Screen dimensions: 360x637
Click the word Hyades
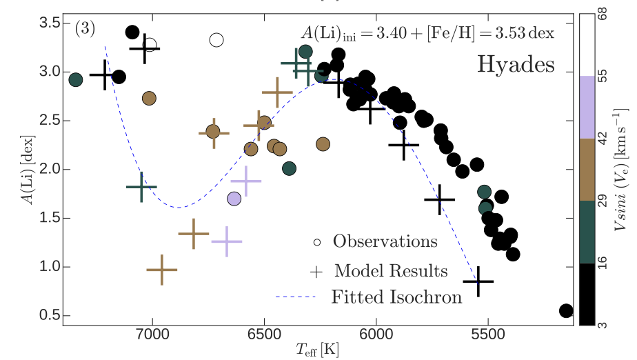pos(516,65)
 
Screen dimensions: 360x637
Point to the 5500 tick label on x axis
pos(488,339)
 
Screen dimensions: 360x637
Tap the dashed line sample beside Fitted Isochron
pos(295,298)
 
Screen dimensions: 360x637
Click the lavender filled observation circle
pos(234,199)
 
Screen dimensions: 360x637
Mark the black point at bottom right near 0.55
pos(566,311)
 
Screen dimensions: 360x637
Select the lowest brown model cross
pos(162,270)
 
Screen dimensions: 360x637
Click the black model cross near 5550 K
pos(478,281)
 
